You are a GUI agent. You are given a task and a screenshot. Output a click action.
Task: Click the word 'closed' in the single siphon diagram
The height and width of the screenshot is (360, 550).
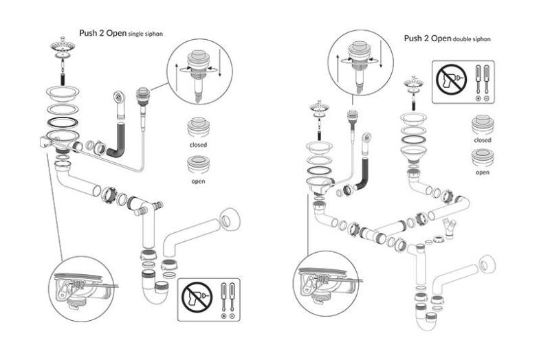(197, 146)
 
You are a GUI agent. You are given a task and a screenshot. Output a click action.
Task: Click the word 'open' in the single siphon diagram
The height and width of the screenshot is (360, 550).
(199, 181)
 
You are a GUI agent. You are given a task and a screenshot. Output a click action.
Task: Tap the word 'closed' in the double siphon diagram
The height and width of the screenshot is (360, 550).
(483, 139)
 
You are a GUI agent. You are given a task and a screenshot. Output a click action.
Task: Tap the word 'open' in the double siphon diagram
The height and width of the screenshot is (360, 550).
(483, 172)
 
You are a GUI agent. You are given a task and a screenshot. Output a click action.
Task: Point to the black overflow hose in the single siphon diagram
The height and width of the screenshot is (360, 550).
(116, 137)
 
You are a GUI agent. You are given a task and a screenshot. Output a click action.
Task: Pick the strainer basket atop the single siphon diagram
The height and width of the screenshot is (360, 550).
(63, 49)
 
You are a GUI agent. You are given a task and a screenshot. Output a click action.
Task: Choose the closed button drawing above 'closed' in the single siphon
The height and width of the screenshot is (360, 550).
(197, 129)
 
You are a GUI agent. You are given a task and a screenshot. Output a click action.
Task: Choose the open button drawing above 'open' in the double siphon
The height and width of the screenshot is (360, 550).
(483, 157)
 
